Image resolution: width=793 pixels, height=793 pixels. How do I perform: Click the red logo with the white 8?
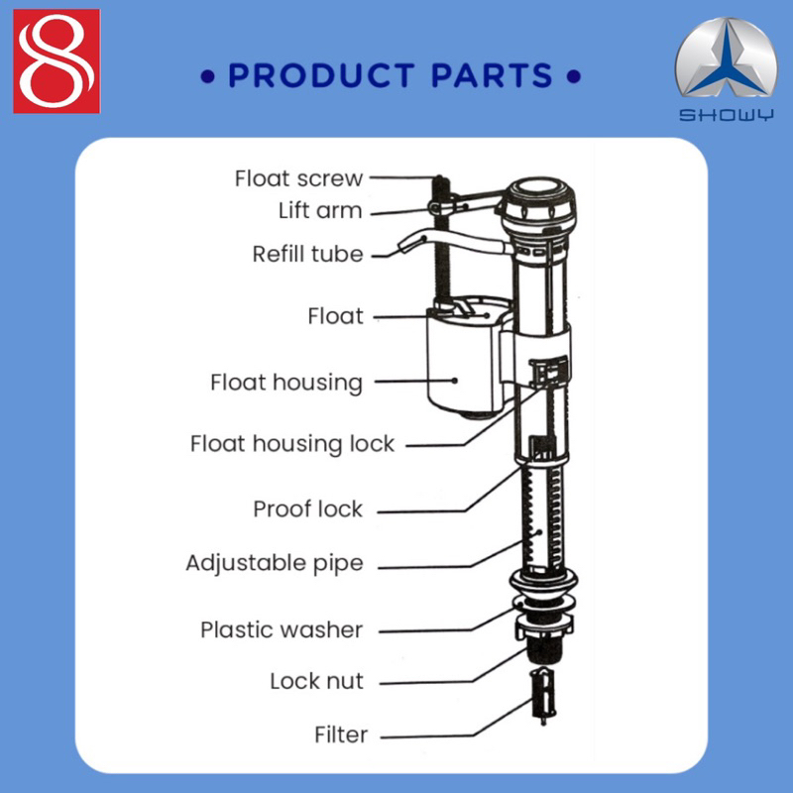[57, 61]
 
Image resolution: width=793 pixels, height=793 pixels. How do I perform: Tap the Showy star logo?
[726, 58]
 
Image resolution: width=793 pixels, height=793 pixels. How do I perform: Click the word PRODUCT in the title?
[321, 76]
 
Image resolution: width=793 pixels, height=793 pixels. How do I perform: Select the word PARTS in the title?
[492, 76]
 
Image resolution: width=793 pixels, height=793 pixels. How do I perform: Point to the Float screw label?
[299, 178]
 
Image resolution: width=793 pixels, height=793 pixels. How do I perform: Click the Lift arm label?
[320, 210]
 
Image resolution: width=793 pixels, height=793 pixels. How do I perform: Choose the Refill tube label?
[307, 254]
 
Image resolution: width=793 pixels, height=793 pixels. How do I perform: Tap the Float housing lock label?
[291, 444]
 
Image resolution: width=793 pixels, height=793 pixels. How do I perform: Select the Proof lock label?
[307, 509]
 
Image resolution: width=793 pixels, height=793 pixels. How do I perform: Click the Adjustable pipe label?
[275, 563]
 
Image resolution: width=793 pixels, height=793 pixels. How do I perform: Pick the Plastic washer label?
[282, 630]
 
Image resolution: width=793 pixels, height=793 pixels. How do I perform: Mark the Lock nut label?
[316, 681]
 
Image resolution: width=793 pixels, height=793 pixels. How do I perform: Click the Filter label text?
[341, 735]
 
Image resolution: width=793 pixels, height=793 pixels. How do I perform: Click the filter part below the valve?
[542, 695]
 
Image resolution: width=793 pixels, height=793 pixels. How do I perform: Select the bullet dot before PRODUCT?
[207, 77]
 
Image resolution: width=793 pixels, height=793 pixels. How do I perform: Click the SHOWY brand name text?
[726, 115]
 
